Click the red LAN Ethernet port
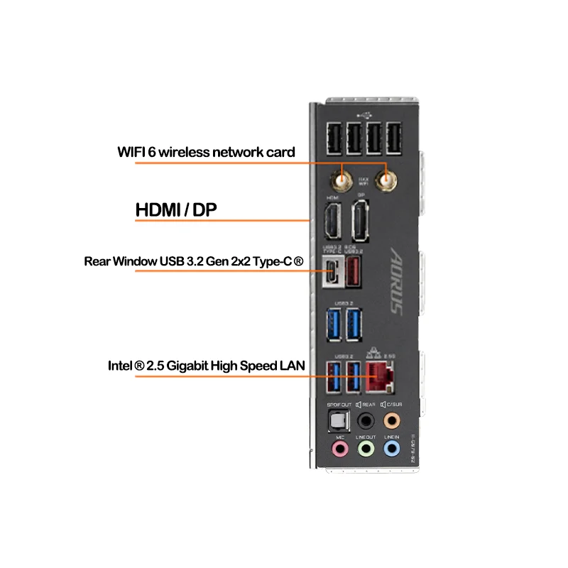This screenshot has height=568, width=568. tap(381, 376)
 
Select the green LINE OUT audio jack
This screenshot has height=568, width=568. tap(365, 449)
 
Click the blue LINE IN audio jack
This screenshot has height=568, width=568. tap(390, 449)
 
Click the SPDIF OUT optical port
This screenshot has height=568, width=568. tap(339, 420)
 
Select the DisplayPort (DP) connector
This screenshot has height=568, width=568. tap(361, 222)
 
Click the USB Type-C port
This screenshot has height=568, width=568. tap(332, 272)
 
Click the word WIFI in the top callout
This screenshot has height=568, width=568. tap(131, 152)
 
